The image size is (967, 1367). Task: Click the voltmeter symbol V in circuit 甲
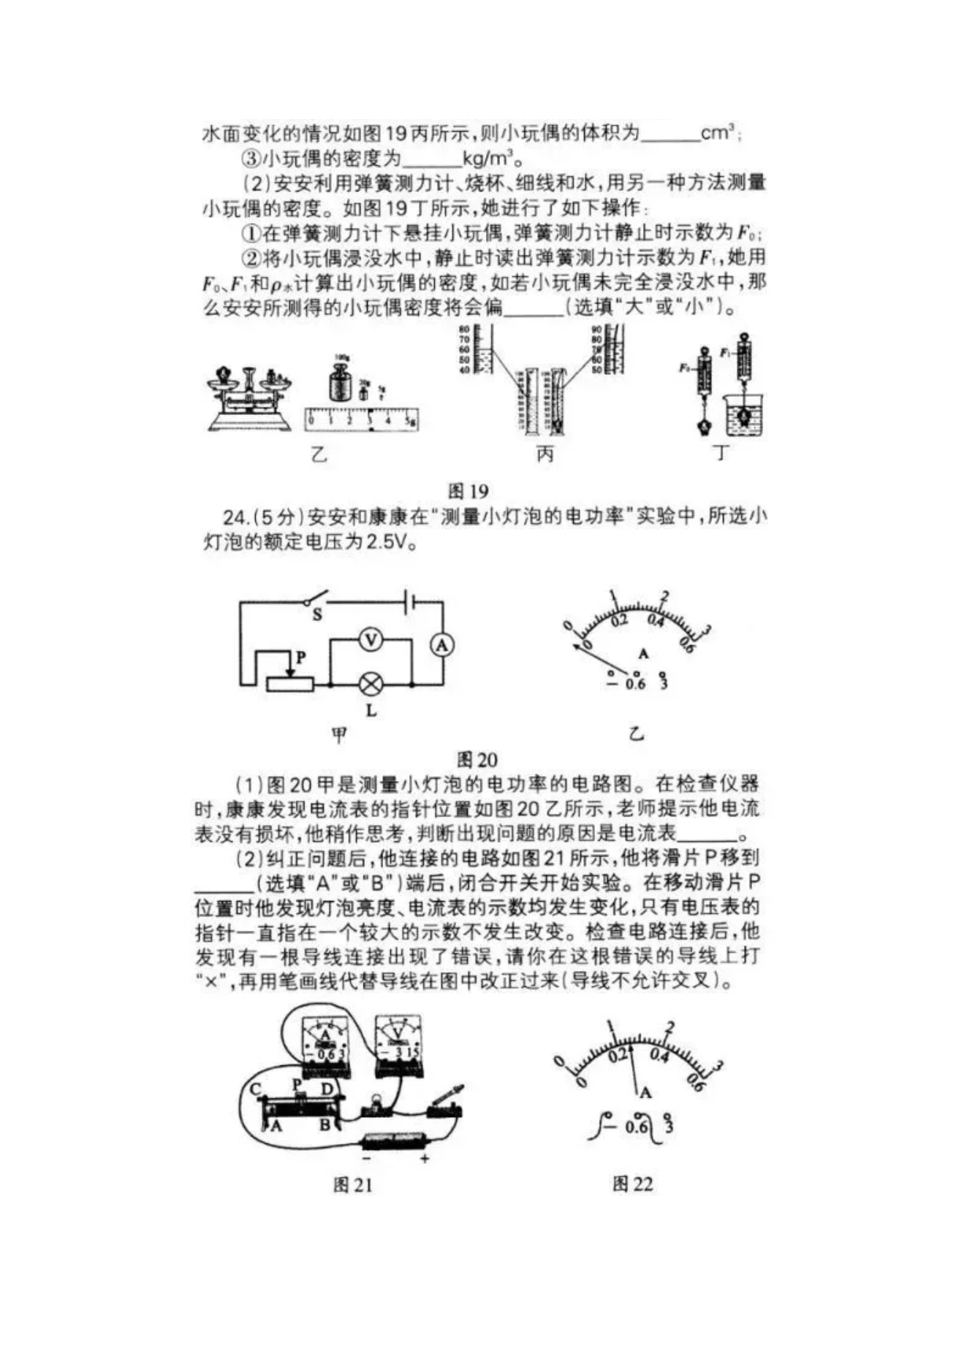pyautogui.click(x=371, y=641)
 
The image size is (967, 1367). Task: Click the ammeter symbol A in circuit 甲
pyautogui.click(x=441, y=645)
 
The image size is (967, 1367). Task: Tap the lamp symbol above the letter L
pyautogui.click(x=371, y=685)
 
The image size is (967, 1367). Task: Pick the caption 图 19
pyautogui.click(x=468, y=491)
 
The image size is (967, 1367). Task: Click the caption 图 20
pyautogui.click(x=477, y=760)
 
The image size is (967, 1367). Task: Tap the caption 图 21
pyautogui.click(x=352, y=1185)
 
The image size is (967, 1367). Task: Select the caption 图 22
pyautogui.click(x=632, y=1184)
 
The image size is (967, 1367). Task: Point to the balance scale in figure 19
pyautogui.click(x=248, y=398)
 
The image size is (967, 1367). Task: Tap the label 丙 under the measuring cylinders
pyautogui.click(x=545, y=454)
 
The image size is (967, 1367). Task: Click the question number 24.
pyautogui.click(x=234, y=518)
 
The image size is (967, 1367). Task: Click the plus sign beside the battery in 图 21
pyautogui.click(x=425, y=1158)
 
